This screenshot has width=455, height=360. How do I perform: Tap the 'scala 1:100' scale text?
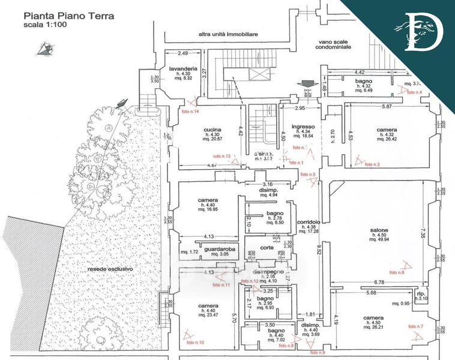[x=42, y=26]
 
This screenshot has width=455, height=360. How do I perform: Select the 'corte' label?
[x=267, y=247]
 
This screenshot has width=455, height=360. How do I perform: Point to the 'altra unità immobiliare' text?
[x=228, y=35]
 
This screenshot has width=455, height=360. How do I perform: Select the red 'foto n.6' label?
[x=394, y=272]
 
